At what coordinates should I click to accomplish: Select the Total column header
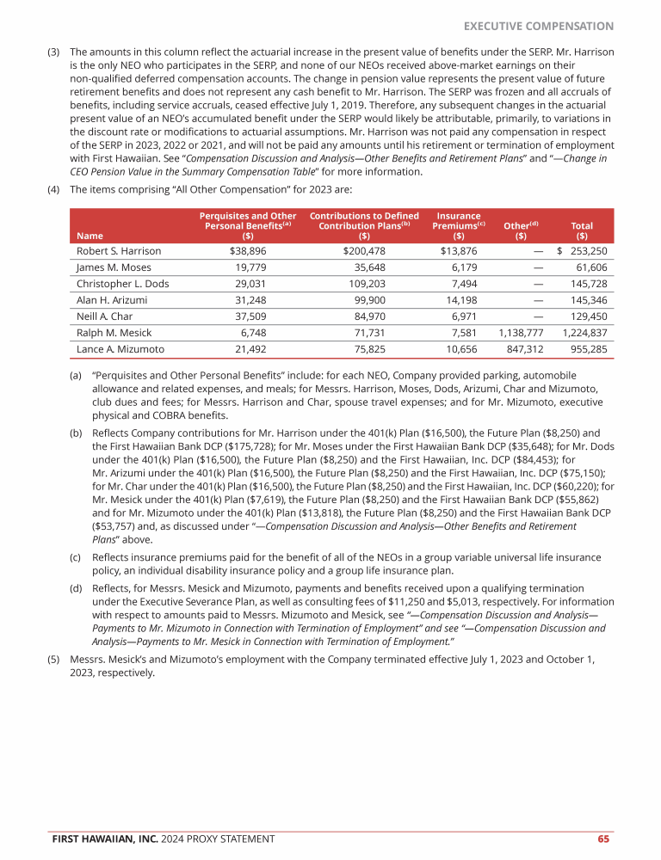[x=582, y=230]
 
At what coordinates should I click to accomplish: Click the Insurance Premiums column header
[x=459, y=225]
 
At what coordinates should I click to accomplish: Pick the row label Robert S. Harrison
[x=119, y=251]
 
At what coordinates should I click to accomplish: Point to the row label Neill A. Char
[x=106, y=316]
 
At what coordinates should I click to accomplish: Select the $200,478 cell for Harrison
[x=364, y=251]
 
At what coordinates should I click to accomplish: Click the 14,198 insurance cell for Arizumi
[x=459, y=300]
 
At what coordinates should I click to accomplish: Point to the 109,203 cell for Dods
[x=364, y=284]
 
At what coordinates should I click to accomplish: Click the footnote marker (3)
[x=53, y=52]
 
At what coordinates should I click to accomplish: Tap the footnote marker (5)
[x=53, y=659]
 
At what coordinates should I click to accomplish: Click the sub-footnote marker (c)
[x=76, y=558]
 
